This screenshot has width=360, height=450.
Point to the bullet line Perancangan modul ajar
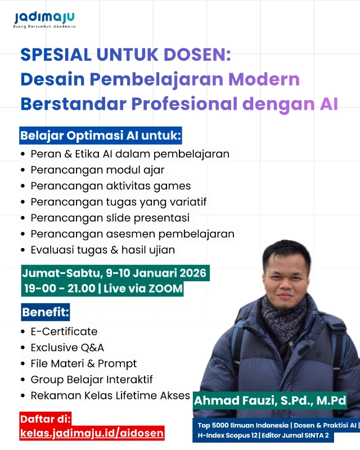97,169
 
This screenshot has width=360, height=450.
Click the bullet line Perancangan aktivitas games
111,186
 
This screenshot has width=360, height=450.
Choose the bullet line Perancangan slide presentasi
110,218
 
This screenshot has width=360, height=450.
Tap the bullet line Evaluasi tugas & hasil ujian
102,250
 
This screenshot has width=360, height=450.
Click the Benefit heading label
46,312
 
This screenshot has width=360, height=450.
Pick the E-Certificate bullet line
64,331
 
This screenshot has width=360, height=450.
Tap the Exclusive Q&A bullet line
67,348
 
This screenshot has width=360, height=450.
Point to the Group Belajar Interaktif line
92,380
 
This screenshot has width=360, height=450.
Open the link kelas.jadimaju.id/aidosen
92,433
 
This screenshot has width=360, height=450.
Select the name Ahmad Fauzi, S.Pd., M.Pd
270,401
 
